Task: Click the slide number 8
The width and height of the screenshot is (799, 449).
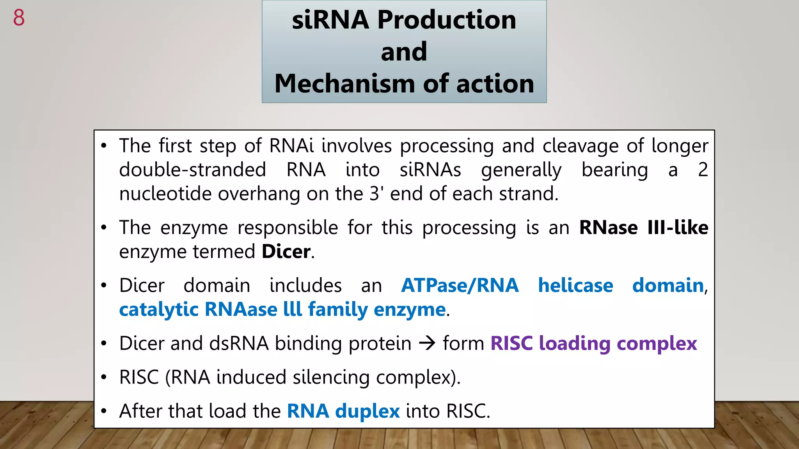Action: point(19,18)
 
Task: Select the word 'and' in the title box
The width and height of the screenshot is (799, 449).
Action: point(404,51)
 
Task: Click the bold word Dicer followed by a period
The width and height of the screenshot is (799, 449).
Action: point(286,251)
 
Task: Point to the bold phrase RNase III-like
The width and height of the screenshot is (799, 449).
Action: point(643,228)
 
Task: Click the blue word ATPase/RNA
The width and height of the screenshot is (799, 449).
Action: point(460,285)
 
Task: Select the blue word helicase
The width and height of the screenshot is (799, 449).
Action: point(575,285)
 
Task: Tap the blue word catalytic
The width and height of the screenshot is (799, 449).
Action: point(159,310)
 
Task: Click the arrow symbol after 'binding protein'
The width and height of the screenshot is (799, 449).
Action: point(427,343)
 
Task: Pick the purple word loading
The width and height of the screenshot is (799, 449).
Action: point(574,344)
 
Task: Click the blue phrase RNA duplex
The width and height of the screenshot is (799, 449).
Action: point(343,411)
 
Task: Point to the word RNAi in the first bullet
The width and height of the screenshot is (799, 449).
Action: point(291,146)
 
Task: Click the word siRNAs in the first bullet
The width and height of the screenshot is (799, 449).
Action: point(430,170)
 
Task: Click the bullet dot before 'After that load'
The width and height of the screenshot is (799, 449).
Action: point(103,412)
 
